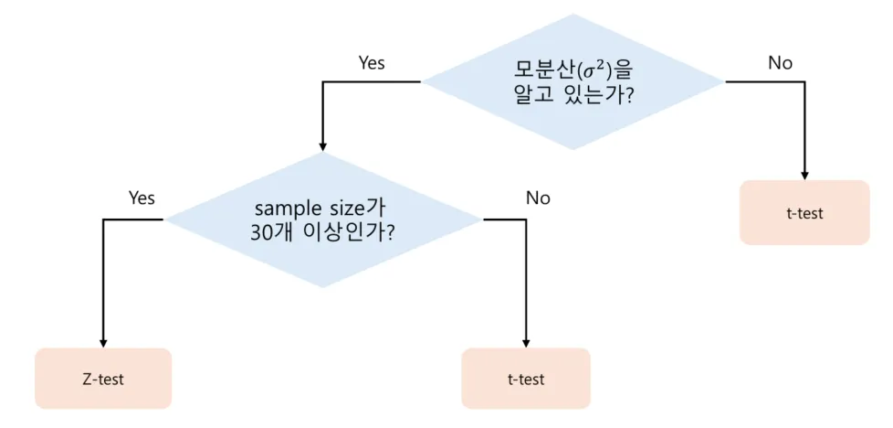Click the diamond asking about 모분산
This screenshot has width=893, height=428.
(573, 81)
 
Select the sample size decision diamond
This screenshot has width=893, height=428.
(322, 219)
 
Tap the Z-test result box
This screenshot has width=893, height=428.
(103, 378)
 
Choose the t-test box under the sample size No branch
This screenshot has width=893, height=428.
(526, 378)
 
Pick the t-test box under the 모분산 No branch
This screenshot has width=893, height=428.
(804, 213)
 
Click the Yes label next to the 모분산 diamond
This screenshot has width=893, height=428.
(372, 63)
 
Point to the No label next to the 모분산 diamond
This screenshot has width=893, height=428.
(780, 63)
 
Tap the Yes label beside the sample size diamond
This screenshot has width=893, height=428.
(142, 198)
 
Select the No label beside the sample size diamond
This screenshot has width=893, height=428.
(538, 198)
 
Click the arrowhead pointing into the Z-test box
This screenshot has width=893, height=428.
(103, 341)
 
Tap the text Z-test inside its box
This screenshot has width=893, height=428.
(103, 379)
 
